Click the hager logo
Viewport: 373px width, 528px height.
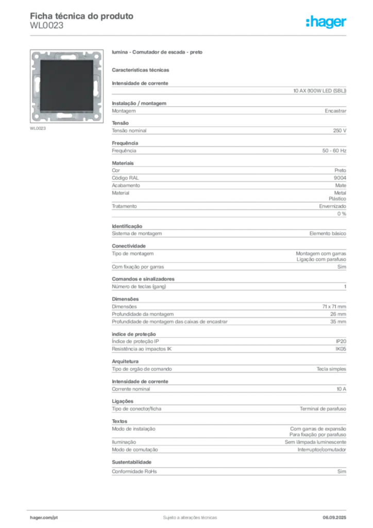coord(326,22)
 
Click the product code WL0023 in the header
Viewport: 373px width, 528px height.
coord(46,26)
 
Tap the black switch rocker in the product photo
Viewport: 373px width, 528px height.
coord(67,86)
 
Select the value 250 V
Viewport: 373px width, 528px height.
coord(340,130)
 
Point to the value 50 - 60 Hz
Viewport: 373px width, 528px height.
coord(334,151)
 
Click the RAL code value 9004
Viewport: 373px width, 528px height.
coord(340,178)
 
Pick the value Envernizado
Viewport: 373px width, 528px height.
coord(332,206)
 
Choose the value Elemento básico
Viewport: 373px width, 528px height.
coord(328,234)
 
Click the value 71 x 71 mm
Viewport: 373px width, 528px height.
coord(334,306)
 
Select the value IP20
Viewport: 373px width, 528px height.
coord(341,341)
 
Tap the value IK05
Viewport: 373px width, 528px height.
coord(341,349)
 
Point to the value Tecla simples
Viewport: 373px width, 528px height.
coord(331,369)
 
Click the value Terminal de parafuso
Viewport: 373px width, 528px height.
coord(323,408)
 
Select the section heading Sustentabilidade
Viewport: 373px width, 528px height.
coord(131,462)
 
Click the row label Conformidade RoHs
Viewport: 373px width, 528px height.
coord(134,471)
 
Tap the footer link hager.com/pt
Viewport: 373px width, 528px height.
coord(44,518)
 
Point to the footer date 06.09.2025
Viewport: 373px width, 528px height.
coord(334,518)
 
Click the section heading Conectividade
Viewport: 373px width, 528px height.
coord(129,246)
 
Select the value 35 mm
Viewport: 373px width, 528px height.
coord(338,322)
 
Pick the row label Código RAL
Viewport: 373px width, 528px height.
coord(125,178)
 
